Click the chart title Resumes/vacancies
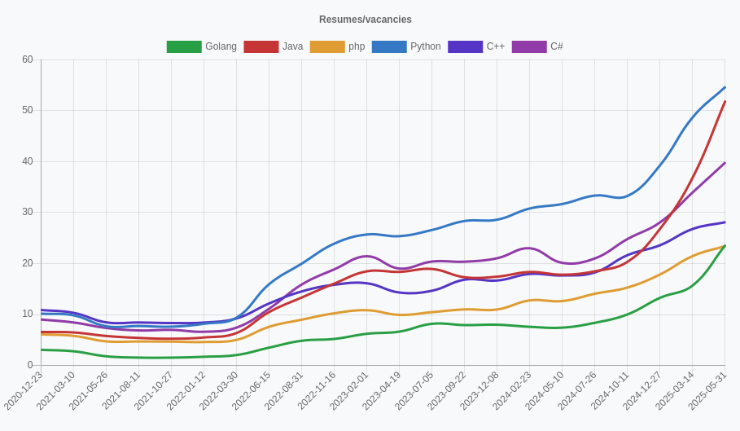(x=366, y=20)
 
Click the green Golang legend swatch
(x=184, y=47)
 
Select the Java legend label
(x=292, y=47)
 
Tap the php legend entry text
(x=357, y=47)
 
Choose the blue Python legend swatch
(x=389, y=47)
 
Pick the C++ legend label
(x=495, y=47)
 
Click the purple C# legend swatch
(x=529, y=47)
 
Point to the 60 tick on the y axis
(x=28, y=59)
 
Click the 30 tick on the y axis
(x=28, y=212)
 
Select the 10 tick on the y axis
(x=28, y=314)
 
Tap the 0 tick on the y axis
(x=30, y=365)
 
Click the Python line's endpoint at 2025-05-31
(x=725, y=87)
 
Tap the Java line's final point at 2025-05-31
(x=725, y=102)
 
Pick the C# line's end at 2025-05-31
(x=725, y=163)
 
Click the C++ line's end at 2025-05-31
(x=725, y=222)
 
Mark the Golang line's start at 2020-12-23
(x=42, y=350)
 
